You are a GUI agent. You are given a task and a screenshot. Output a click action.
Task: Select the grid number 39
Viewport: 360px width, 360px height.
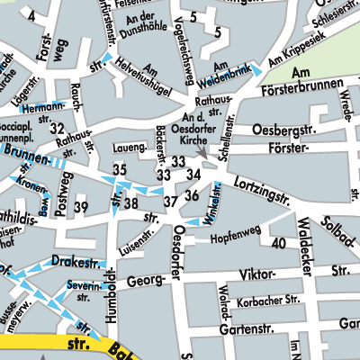(81, 208)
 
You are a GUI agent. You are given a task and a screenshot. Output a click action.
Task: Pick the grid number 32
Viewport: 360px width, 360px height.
(58, 129)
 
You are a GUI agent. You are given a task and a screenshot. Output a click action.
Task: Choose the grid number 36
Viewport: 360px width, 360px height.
(191, 195)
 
